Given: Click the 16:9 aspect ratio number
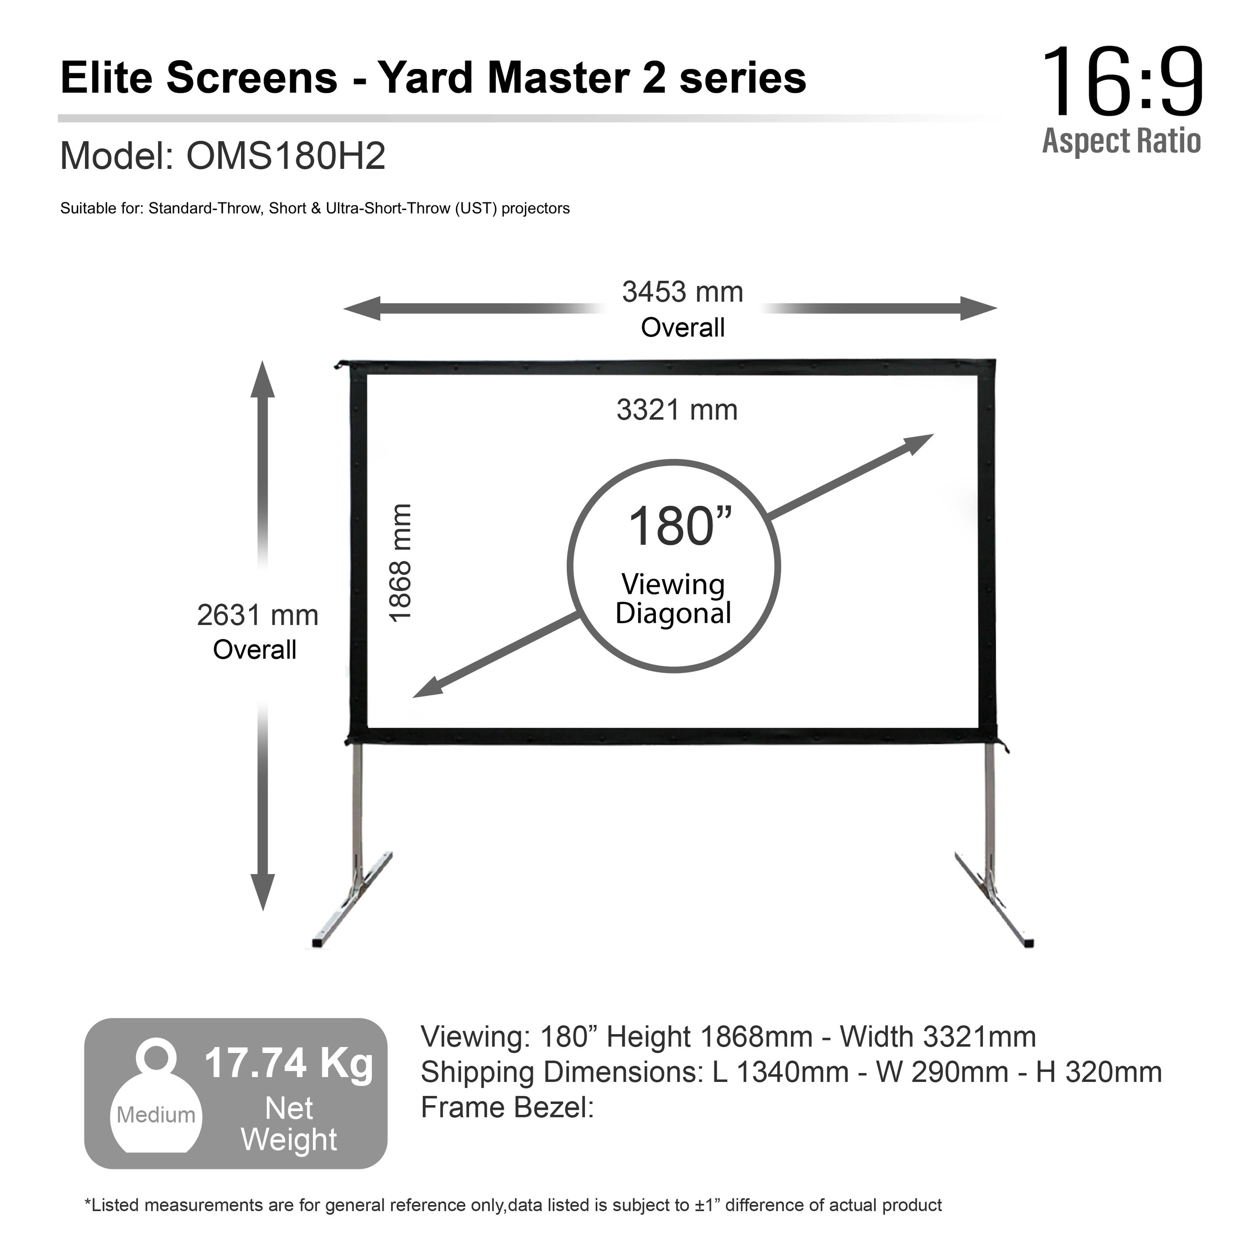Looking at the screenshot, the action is (x=1123, y=82).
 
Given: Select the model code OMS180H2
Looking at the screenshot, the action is (x=286, y=156).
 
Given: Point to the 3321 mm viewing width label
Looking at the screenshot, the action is (x=677, y=410).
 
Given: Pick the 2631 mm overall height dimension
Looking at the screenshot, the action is (x=257, y=615).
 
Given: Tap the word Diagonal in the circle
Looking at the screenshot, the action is (x=674, y=613).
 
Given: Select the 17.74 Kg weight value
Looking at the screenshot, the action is (x=289, y=1063).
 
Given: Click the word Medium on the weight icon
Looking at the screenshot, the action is (x=156, y=1115).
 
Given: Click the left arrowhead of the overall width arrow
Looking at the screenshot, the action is (x=361, y=308).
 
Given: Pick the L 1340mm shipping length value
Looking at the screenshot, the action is (x=780, y=1072).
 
